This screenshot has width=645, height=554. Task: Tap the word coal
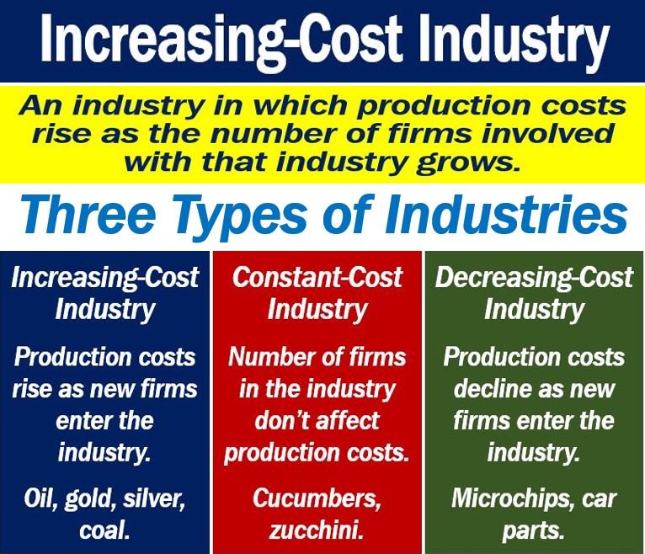[x=104, y=530]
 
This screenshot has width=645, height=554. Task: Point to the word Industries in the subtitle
[x=506, y=215]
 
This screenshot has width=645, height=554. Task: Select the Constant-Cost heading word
[x=317, y=277]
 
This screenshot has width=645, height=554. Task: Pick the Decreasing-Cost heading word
[x=534, y=278]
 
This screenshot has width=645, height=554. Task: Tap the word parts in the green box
[x=533, y=531]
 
